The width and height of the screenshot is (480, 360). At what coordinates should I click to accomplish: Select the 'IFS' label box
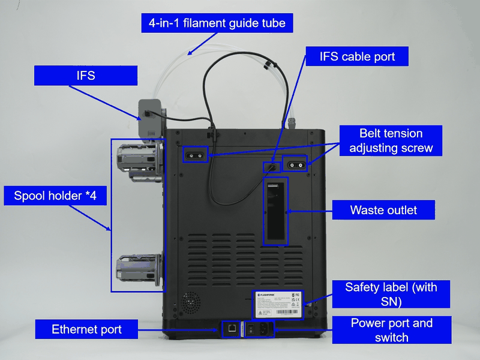pos(86,76)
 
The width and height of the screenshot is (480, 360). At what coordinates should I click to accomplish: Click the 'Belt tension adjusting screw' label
pos(391,141)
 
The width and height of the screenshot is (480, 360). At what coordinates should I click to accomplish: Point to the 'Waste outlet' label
pos(383,211)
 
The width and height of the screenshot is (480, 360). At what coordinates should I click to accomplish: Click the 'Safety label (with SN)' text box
pos(391,295)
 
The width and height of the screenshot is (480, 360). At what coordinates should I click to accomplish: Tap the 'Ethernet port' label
pos(86,329)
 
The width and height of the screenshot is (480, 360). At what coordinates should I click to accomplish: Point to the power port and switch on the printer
pos(259,329)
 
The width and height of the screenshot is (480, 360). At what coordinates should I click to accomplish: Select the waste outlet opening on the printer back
pos(276,211)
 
